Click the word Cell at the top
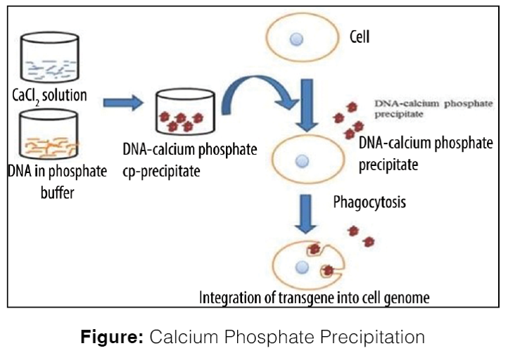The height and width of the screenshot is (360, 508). tap(360, 35)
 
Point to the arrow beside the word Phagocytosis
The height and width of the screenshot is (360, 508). tap(305, 212)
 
